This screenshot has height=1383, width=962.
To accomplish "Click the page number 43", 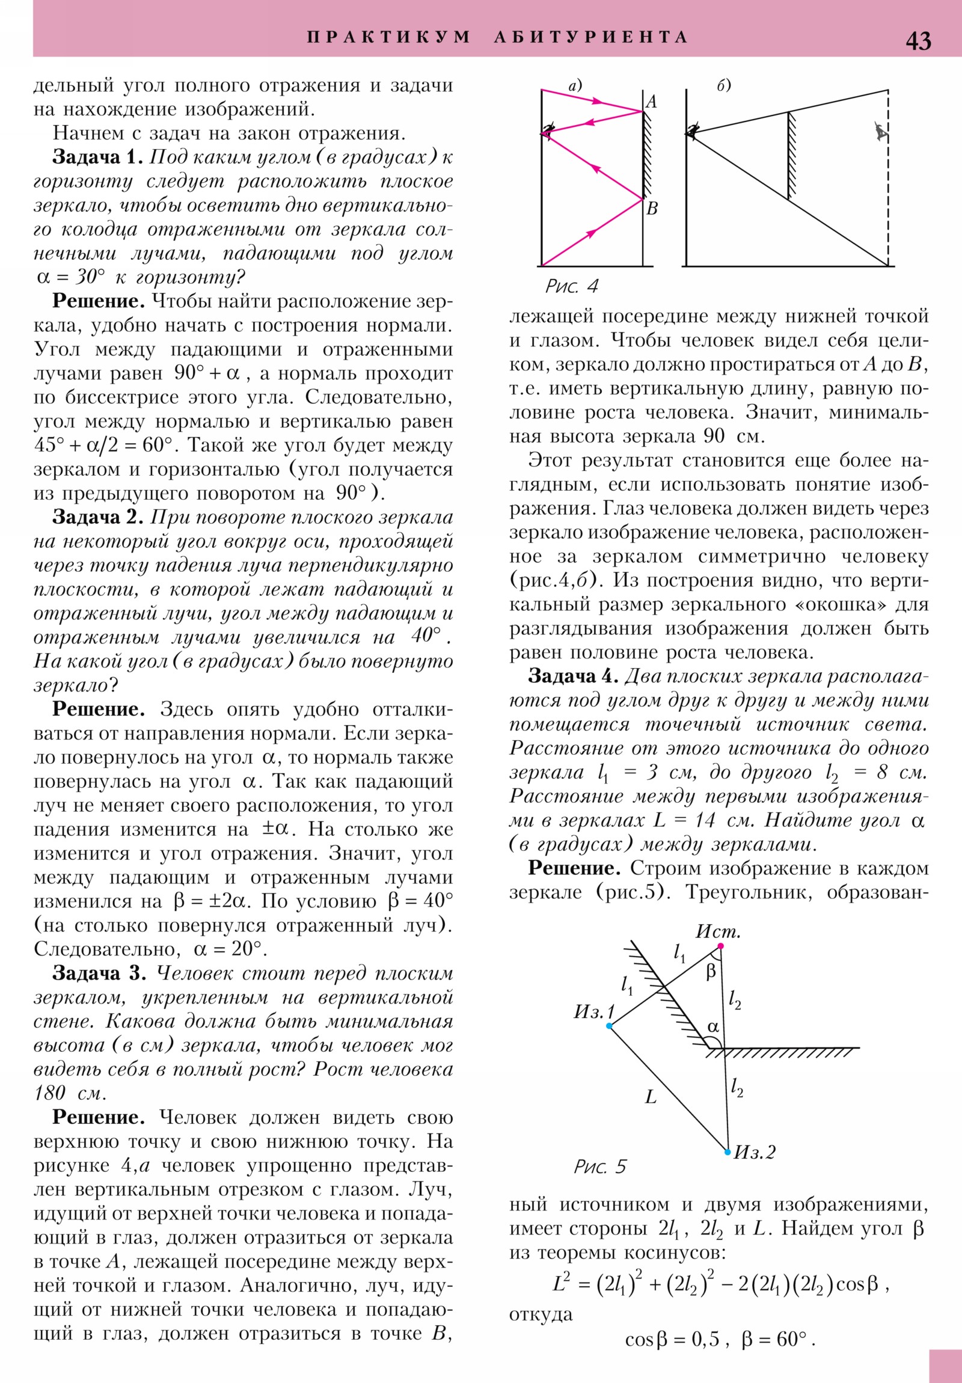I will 918,41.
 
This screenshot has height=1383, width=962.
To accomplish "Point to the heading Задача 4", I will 573,676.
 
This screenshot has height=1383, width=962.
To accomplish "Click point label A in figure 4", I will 651,102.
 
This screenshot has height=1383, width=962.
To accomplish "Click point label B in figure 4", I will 652,209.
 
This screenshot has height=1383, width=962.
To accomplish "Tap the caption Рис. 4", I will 572,286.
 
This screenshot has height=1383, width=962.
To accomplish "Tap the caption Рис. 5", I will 600,1167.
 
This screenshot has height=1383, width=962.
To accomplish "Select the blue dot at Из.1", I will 609,1026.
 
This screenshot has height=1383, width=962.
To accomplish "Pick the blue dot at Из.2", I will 728,1152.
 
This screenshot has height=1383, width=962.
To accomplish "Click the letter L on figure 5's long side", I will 651,1097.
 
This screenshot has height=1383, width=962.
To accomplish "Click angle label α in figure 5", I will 713,1026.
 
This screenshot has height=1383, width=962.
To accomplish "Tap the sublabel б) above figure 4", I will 723,85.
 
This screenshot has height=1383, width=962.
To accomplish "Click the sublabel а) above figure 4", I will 575,85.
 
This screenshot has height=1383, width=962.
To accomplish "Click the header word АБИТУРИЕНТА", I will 590,37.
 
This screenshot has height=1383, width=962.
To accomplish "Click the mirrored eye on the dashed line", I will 881,131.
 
